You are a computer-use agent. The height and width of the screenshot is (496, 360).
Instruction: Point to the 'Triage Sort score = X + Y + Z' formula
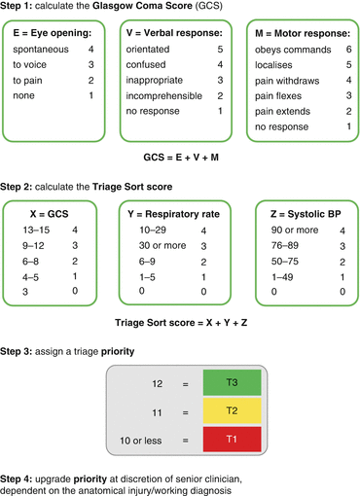tap(180, 322)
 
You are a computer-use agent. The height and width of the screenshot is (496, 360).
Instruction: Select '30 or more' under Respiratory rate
tap(156, 247)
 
